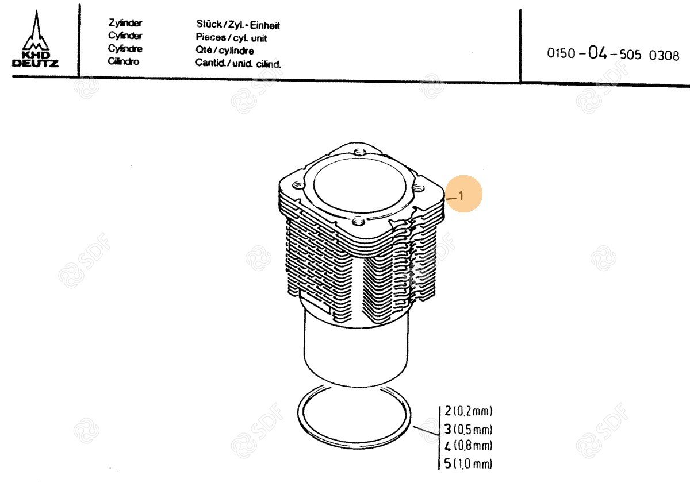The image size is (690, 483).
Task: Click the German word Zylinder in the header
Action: (125, 23)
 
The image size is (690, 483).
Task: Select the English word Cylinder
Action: (125, 36)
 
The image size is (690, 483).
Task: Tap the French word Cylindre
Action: (125, 49)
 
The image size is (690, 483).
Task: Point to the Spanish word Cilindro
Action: (123, 61)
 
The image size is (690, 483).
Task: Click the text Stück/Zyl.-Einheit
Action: (238, 24)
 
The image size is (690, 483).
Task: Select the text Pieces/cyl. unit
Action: (231, 37)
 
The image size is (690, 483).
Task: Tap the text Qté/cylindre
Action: (225, 50)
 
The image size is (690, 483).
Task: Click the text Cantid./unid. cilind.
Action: (238, 63)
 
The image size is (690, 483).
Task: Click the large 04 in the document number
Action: (597, 53)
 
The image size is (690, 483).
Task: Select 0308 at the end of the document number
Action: (664, 56)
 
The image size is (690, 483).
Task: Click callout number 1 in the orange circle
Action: (461, 196)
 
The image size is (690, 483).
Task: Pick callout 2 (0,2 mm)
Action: (468, 411)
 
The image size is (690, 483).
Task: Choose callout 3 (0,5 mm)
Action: (468, 429)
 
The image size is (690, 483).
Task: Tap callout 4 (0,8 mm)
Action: (468, 446)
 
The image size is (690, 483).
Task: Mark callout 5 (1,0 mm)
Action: (468, 463)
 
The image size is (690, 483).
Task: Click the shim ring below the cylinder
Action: (354, 450)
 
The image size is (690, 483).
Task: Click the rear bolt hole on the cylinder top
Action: (359, 152)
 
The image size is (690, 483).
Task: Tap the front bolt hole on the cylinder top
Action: (358, 221)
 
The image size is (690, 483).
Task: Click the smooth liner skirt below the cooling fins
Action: (356, 354)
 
